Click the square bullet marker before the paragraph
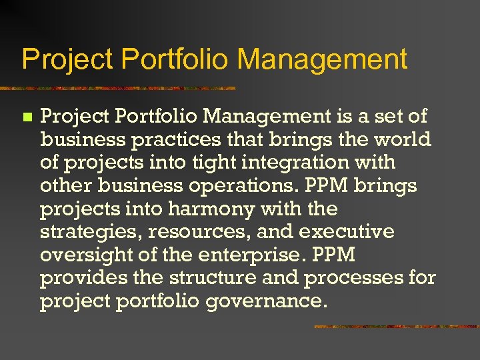(27, 117)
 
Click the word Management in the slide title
(322, 59)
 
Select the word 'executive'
(347, 233)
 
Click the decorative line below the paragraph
(396, 327)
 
